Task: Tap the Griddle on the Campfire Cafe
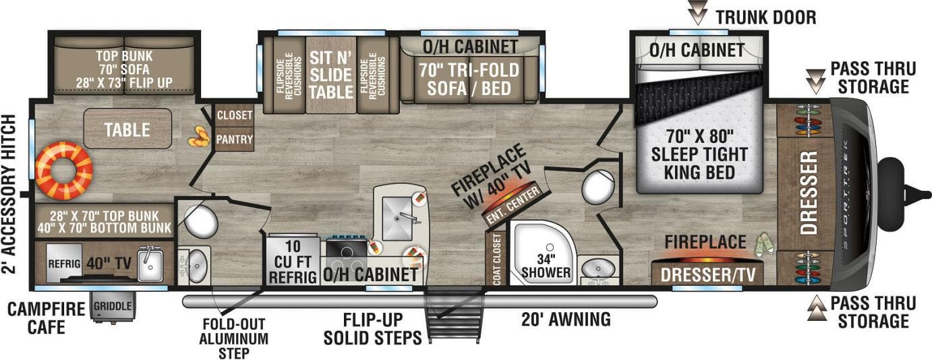[x=113, y=306]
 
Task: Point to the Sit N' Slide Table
[x=330, y=75]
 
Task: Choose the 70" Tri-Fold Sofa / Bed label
[x=469, y=79]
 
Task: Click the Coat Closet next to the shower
[x=496, y=260]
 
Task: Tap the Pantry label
[x=235, y=140]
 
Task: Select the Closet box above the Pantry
[x=235, y=116]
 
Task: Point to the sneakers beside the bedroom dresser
[x=764, y=245]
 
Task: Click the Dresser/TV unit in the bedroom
[x=707, y=274]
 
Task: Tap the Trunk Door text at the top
[x=765, y=17]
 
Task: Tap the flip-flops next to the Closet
[x=198, y=138]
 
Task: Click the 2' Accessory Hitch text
[x=9, y=194]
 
